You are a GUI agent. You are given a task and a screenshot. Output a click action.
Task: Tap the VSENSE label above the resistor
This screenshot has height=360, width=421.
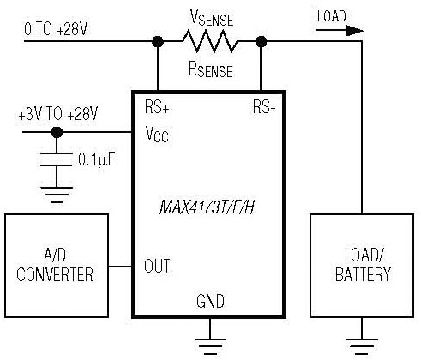pos(212,18)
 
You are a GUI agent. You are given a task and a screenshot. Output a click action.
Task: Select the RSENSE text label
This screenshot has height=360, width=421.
pos(211,69)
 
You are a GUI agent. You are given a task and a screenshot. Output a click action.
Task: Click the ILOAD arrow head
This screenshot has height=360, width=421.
pos(354,31)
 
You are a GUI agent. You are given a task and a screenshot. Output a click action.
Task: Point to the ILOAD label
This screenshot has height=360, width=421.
pos(330,15)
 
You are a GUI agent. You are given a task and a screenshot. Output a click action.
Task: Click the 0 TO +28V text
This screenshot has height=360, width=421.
pos(56,29)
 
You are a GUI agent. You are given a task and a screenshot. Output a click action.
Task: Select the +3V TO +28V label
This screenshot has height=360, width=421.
pos(58,114)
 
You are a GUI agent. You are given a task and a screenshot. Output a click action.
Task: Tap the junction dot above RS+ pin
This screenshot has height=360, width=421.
pos(158,42)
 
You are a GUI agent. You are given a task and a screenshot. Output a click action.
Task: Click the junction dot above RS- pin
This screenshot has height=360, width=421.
pos(261,42)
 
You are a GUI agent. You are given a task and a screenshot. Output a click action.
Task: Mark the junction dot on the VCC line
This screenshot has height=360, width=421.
pos(57,132)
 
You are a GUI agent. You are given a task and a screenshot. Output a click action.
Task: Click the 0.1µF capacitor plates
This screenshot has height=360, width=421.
pos(57,159)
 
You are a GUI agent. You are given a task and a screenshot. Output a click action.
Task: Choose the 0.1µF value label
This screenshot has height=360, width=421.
pos(96,159)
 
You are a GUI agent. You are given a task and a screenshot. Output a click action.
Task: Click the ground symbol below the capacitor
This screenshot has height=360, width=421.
pos(57,195)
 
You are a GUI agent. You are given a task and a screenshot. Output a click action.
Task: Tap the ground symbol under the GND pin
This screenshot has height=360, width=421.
pos(210,346)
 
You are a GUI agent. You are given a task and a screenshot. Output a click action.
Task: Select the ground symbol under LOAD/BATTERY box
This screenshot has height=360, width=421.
pos(362,346)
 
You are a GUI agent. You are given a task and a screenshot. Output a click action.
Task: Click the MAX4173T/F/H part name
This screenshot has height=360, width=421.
pos(207,207)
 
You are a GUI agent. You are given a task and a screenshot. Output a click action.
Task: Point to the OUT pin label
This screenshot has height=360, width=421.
pos(157,266)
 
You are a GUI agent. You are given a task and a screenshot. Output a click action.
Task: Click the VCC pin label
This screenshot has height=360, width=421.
pos(157,135)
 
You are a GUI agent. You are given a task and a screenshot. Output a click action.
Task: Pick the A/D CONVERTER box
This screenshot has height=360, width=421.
pos(57,266)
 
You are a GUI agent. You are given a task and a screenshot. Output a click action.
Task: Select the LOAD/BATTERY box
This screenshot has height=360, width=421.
pos(362,266)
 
